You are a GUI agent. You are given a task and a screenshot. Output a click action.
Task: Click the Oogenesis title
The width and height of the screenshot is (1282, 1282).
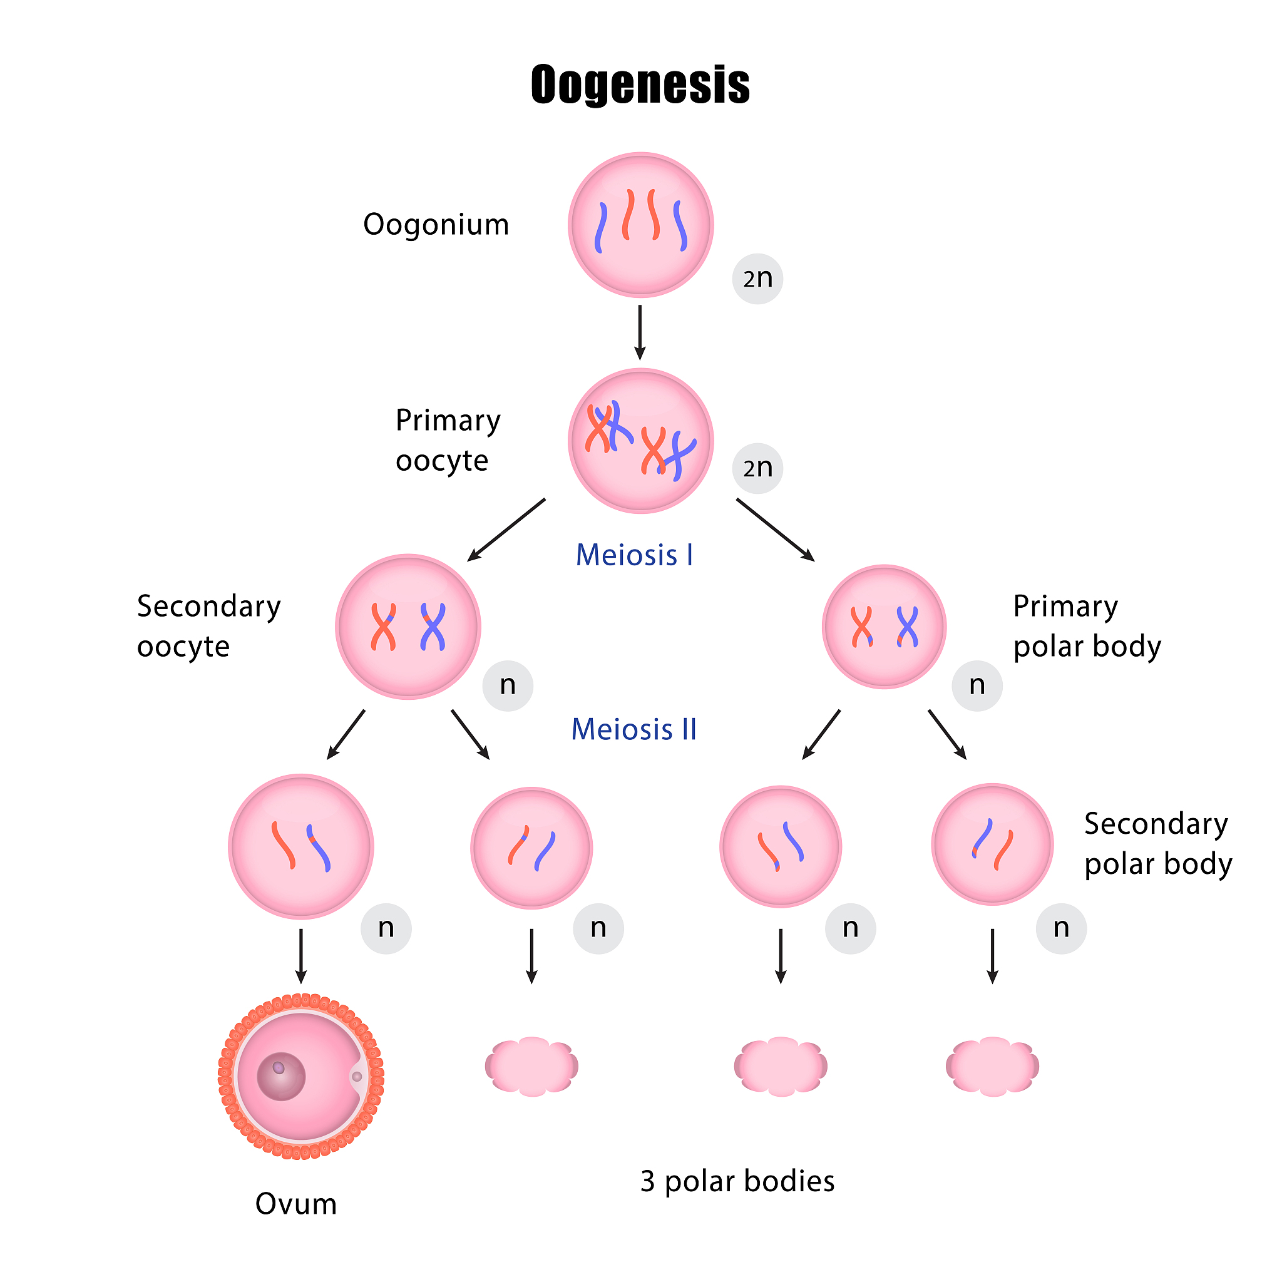coord(640,85)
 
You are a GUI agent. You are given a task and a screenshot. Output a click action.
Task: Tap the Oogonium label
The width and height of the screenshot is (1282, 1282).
coord(436,224)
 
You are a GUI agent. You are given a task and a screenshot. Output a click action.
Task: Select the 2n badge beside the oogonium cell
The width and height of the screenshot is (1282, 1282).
coord(757,279)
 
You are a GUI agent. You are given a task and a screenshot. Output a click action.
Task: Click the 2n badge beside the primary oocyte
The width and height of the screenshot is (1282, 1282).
coord(757,468)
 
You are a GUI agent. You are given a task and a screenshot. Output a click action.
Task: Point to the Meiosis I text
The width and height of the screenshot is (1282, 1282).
coord(634,555)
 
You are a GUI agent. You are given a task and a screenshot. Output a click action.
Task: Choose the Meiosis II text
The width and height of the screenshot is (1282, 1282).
coord(633,729)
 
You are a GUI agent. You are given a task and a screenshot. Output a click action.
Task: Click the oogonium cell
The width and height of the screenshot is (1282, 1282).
coord(640,225)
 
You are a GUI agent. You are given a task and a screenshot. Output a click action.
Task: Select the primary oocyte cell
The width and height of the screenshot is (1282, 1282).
coord(640,441)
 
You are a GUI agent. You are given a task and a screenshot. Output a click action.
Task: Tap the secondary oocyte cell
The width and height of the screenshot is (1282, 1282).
coord(408,627)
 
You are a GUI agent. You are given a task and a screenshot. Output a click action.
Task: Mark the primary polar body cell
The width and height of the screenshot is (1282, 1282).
coord(884,627)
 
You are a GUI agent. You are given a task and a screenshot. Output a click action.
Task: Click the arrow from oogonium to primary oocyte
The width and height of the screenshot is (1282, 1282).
coord(640,332)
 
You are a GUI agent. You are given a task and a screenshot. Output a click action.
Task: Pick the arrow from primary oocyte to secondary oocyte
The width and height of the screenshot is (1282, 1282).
coord(506,530)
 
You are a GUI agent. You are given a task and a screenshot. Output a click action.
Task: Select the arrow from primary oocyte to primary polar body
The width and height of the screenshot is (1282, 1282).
coord(775,530)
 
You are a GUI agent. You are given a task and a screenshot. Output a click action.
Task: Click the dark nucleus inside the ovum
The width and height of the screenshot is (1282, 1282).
coord(281,1076)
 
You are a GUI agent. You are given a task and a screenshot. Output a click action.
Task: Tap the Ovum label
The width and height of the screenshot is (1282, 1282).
coord(296,1204)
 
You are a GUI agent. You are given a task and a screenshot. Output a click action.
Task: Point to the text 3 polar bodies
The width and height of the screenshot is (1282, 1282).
coord(737,1181)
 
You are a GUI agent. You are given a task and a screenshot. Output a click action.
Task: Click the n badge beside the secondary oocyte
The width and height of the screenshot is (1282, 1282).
coord(508,685)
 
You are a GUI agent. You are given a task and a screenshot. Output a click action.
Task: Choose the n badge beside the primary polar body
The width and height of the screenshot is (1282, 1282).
coord(977,685)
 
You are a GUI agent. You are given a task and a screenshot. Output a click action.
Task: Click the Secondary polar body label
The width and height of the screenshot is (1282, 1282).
coord(1158,843)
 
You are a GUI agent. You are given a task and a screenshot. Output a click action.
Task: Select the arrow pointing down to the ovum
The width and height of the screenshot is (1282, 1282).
coord(300,955)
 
